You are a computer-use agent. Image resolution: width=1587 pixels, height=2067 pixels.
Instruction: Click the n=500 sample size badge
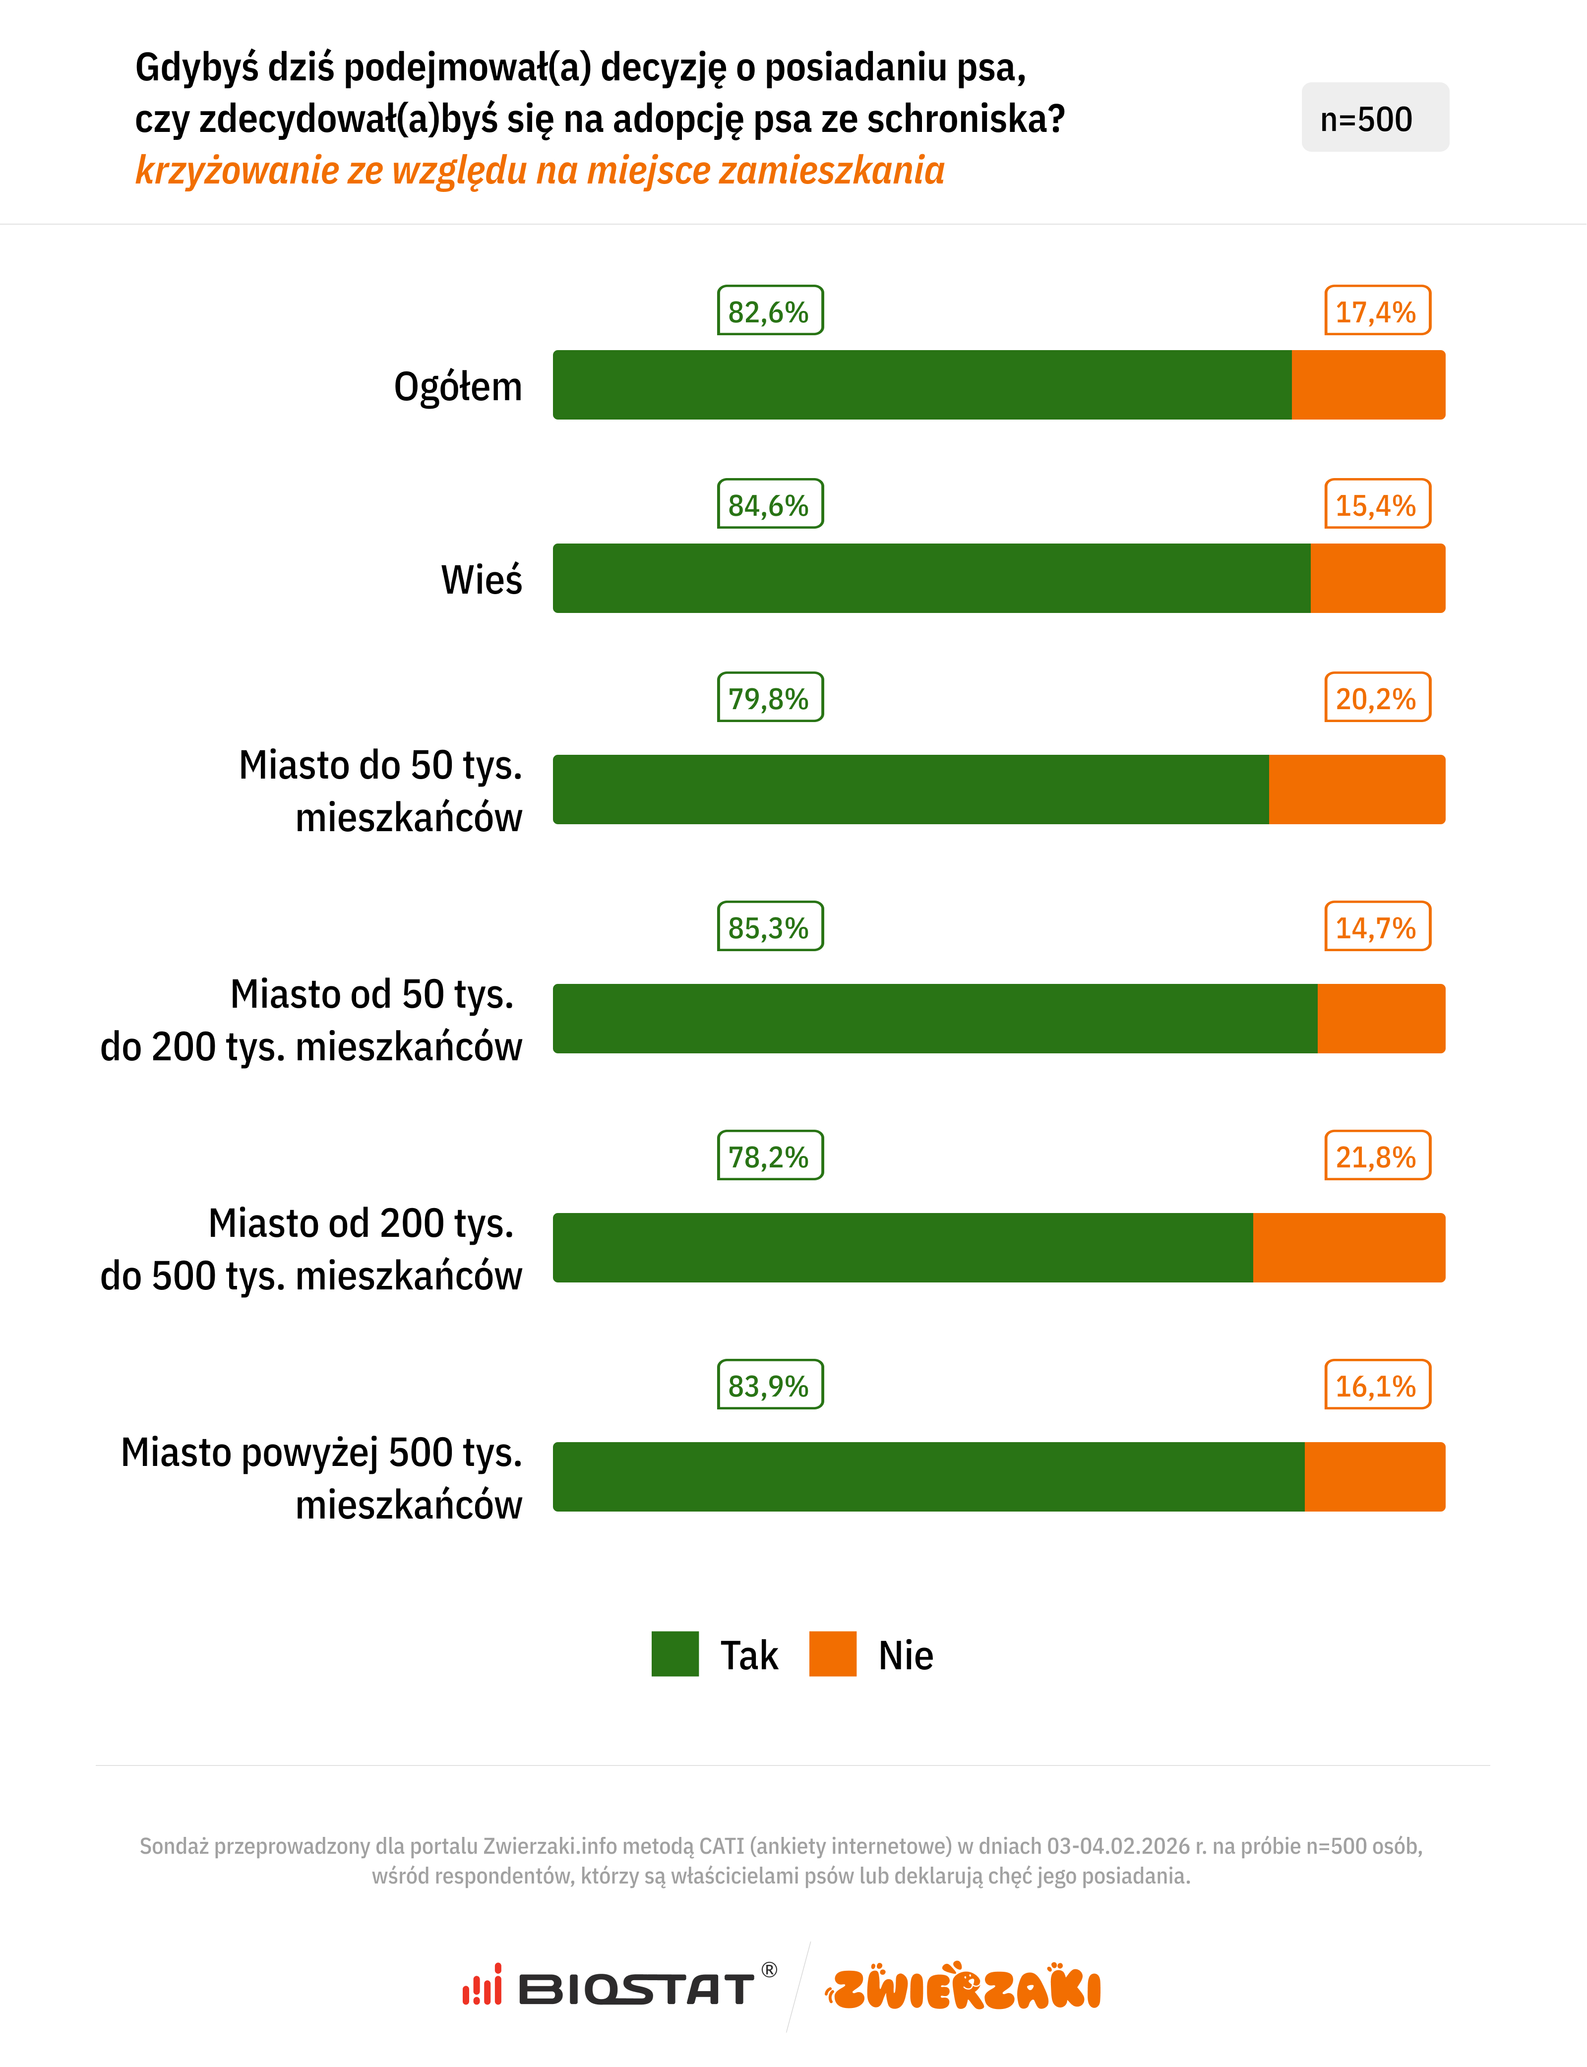(1374, 118)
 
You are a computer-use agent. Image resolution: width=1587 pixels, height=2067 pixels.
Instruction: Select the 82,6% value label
(770, 311)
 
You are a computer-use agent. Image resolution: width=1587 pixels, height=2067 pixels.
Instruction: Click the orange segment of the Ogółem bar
(1368, 384)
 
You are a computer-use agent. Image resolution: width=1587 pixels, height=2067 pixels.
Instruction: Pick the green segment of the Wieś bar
(930, 578)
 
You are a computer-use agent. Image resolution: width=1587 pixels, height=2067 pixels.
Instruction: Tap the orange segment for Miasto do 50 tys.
(1356, 789)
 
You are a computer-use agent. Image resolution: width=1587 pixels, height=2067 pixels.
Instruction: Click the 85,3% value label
(770, 927)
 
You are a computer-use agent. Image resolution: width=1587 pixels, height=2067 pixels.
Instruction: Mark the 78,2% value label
(770, 1155)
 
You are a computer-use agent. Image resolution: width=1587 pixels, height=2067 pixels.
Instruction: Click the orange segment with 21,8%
(1349, 1247)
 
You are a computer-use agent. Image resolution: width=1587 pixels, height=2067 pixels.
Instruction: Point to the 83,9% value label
(770, 1385)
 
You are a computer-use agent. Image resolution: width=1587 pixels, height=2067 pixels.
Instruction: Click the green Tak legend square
(674, 1653)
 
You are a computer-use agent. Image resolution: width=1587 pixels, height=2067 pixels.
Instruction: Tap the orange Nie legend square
(832, 1653)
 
